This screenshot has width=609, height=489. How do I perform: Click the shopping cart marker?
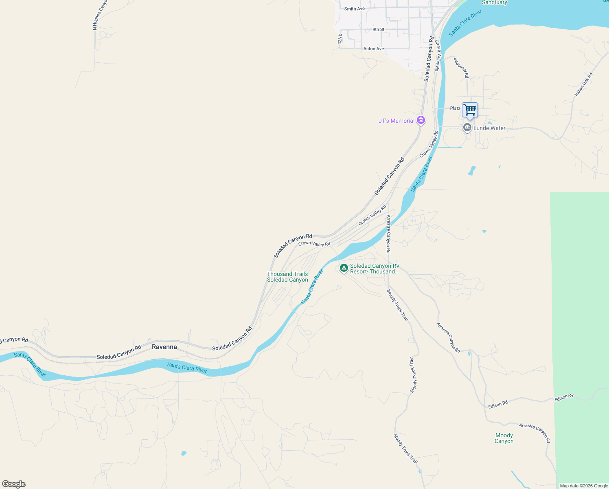pyautogui.click(x=470, y=110)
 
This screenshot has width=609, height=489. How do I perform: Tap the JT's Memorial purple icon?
pyautogui.click(x=421, y=121)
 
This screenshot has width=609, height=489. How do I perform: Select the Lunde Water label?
pyautogui.click(x=489, y=128)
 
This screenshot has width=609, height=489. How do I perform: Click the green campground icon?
pyautogui.click(x=344, y=268)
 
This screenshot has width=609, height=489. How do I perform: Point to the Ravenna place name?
pyautogui.click(x=164, y=347)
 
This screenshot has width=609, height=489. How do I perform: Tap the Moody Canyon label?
pyautogui.click(x=504, y=438)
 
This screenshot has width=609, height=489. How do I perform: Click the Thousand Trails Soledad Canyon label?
pyautogui.click(x=287, y=277)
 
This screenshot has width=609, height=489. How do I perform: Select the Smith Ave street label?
pyautogui.click(x=354, y=9)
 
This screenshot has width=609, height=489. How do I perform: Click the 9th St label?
pyautogui.click(x=378, y=29)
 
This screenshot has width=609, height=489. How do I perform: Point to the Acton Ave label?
pyautogui.click(x=373, y=48)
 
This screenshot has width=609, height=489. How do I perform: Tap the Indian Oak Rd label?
pyautogui.click(x=583, y=84)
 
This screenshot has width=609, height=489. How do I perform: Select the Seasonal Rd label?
pyautogui.click(x=461, y=68)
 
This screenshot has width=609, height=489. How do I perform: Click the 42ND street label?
pyautogui.click(x=340, y=39)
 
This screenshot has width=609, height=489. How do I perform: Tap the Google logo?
pyautogui.click(x=13, y=484)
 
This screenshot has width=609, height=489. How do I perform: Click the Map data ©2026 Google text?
pyautogui.click(x=583, y=486)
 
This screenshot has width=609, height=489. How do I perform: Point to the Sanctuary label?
pyautogui.click(x=494, y=2)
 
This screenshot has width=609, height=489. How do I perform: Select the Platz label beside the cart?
pyautogui.click(x=455, y=108)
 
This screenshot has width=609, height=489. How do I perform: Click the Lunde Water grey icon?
pyautogui.click(x=467, y=128)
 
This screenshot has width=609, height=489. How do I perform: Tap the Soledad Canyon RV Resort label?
pyautogui.click(x=375, y=269)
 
